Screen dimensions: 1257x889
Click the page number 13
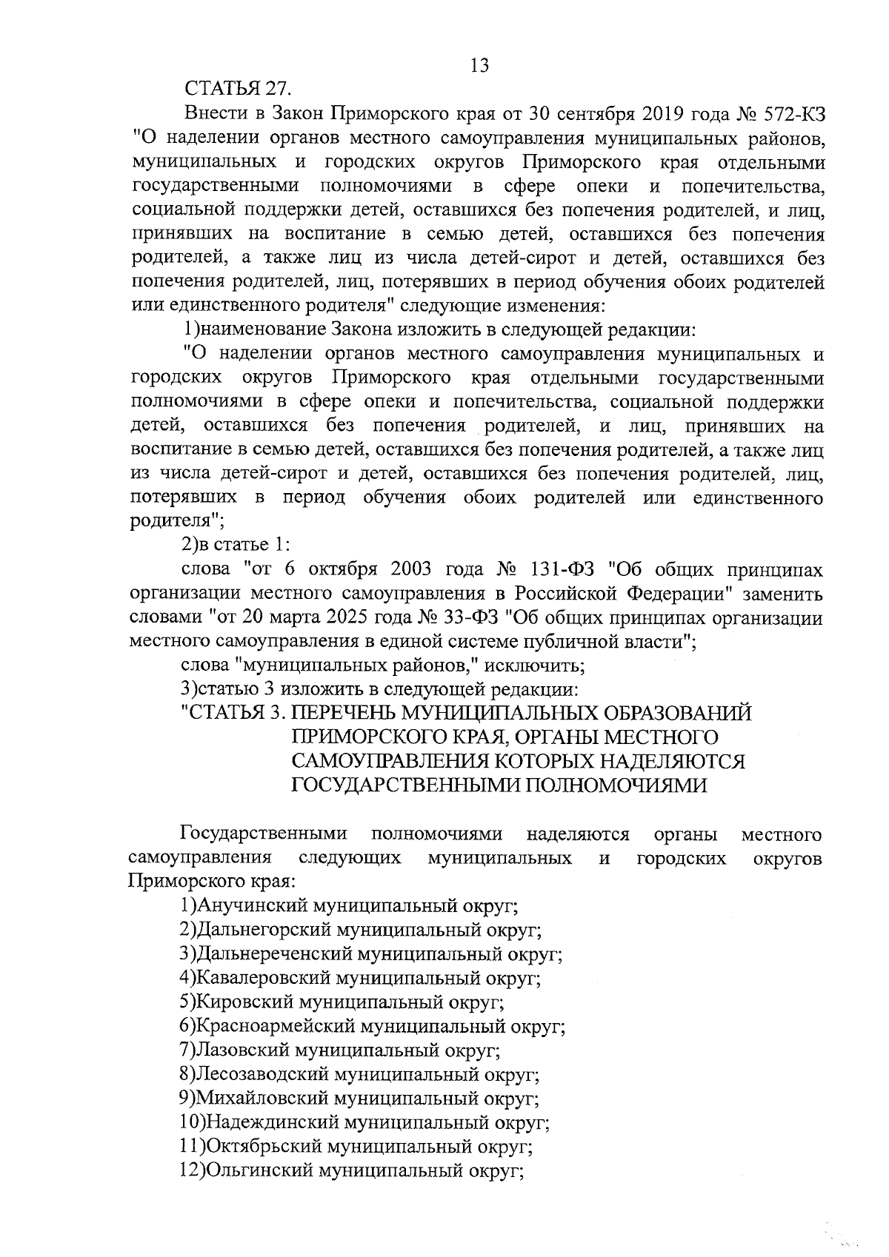tap(479, 66)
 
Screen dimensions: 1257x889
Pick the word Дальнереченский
tap(275, 954)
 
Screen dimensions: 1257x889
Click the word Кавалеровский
tap(264, 979)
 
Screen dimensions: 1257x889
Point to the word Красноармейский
tap(277, 1027)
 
